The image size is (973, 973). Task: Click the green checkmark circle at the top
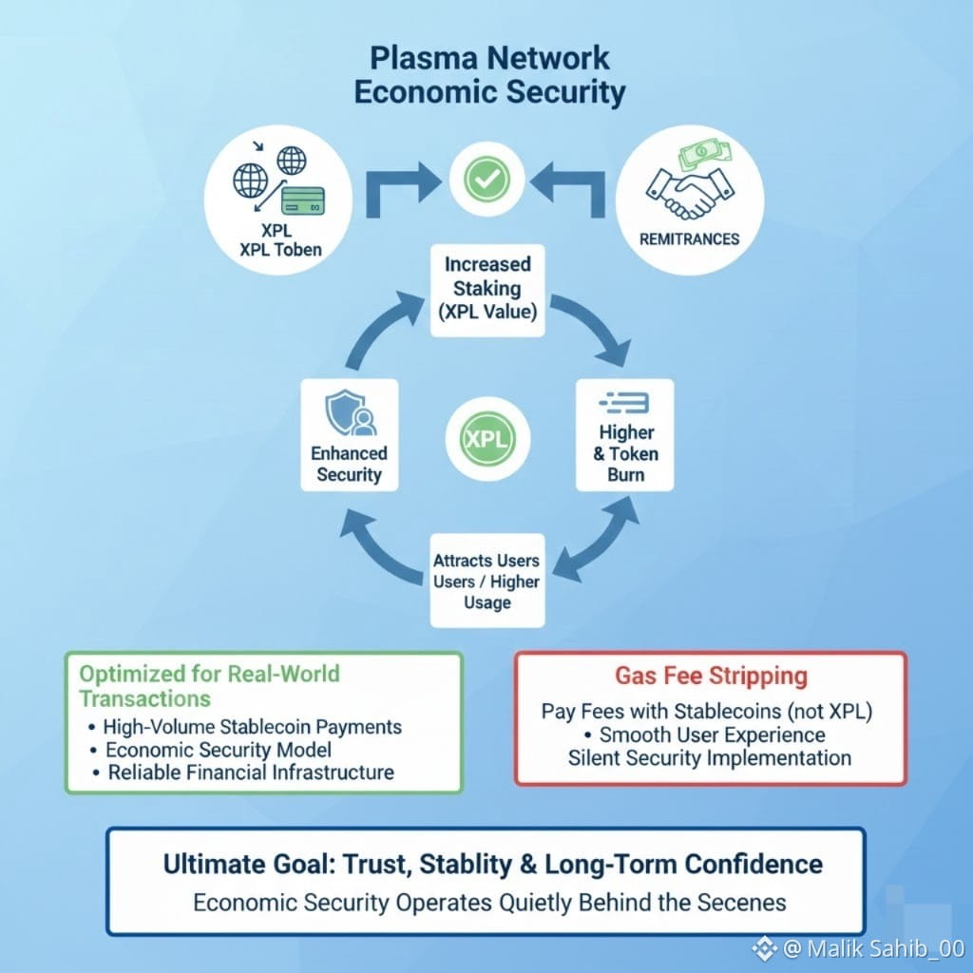[x=487, y=177]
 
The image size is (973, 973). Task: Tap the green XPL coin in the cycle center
[x=487, y=440]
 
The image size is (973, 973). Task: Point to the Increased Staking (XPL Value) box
[x=487, y=290]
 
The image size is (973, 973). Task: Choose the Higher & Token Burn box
[x=625, y=434]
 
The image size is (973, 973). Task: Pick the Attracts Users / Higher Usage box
[x=486, y=580]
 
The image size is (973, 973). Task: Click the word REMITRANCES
[x=689, y=238]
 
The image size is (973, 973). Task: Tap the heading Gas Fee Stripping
[x=711, y=677]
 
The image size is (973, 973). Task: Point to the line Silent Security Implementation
[x=709, y=758]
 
